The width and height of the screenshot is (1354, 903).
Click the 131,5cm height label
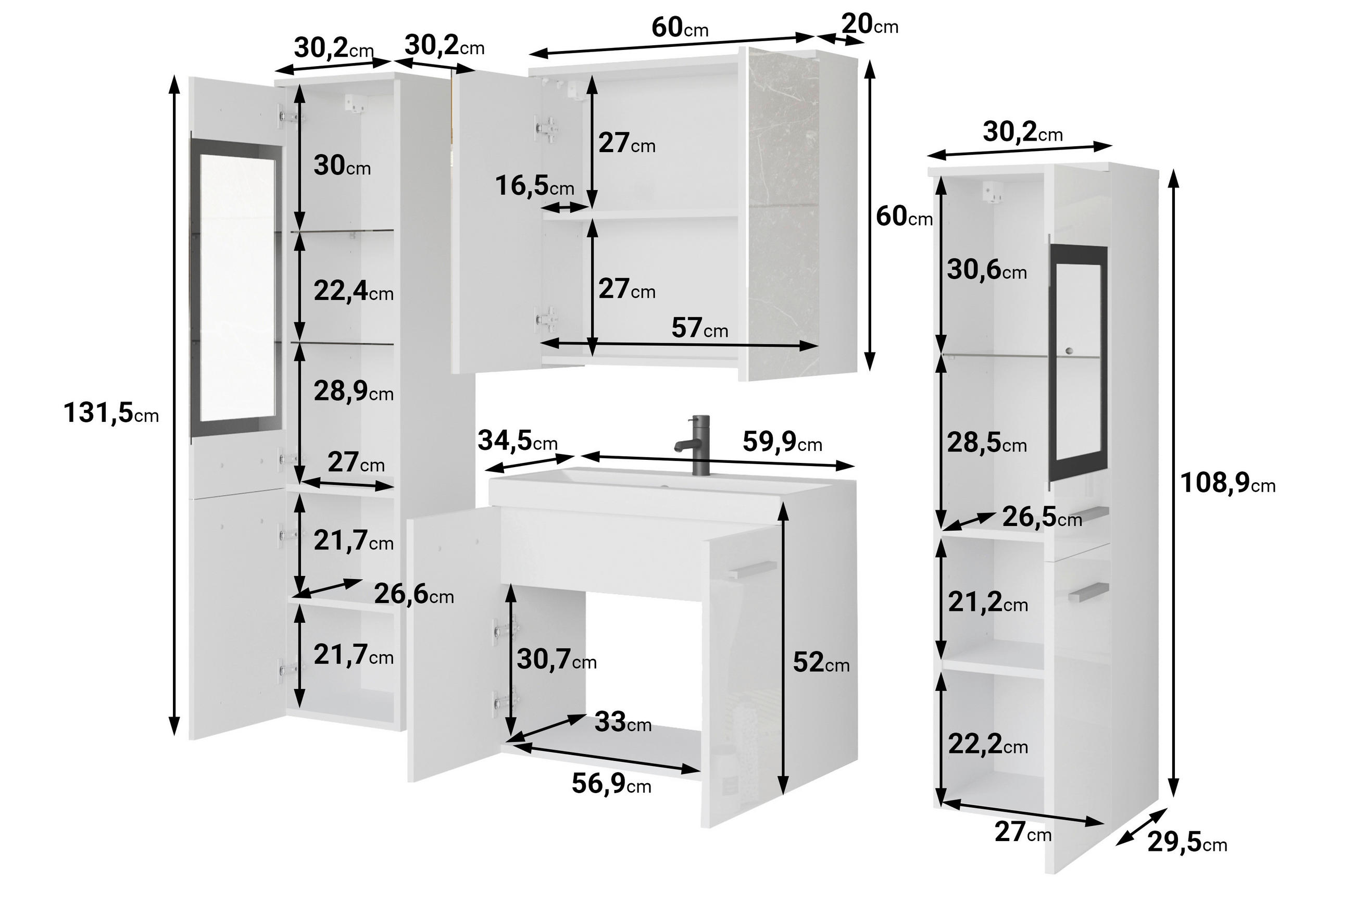tap(110, 413)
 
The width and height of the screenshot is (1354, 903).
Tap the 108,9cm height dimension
tap(1227, 483)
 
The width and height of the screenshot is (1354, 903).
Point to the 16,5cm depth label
tap(534, 186)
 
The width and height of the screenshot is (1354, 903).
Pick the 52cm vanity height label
tap(820, 662)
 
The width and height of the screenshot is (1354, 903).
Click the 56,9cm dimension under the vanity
tap(610, 783)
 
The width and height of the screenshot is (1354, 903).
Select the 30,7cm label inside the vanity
tap(556, 659)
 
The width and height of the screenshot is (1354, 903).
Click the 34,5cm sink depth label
tap(517, 441)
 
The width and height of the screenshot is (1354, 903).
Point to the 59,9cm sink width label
tap(782, 442)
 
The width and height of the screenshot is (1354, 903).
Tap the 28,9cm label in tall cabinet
tap(353, 392)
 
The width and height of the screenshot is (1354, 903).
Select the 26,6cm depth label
tap(413, 594)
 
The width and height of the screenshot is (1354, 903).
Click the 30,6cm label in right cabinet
tap(986, 270)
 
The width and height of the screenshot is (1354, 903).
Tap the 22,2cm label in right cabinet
tap(987, 745)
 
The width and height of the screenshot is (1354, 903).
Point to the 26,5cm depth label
tap(1041, 517)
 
